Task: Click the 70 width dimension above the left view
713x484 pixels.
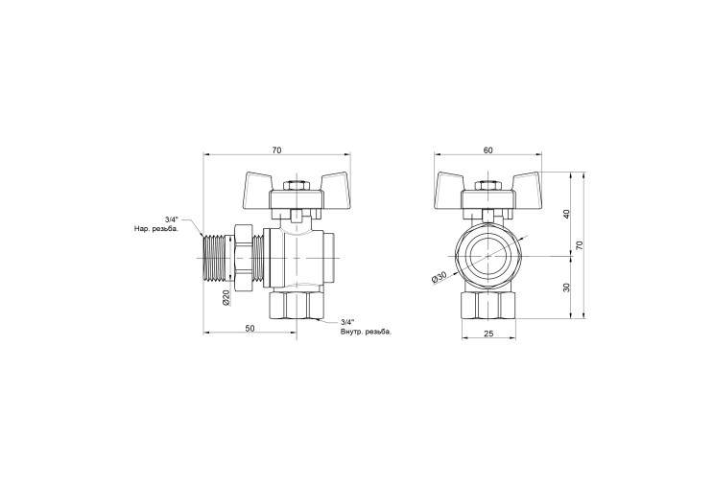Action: click(x=277, y=150)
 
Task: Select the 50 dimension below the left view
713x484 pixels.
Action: click(x=250, y=329)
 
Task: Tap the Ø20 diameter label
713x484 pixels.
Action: click(x=226, y=297)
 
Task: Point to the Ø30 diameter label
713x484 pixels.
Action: click(x=440, y=277)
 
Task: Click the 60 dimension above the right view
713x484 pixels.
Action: click(x=487, y=150)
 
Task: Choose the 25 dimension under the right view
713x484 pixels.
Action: click(x=488, y=334)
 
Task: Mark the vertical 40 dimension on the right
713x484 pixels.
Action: click(x=566, y=214)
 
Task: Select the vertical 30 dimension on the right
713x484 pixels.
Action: click(x=566, y=288)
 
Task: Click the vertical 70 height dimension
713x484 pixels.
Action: click(x=580, y=245)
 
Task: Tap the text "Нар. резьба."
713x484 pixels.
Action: click(x=156, y=229)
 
